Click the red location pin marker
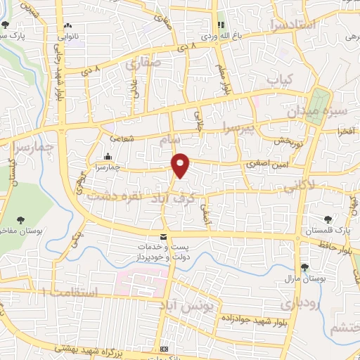pos(181,165)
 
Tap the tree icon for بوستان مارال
pos(304,267)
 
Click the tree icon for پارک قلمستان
pos(328,221)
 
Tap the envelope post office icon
pos(164,237)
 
